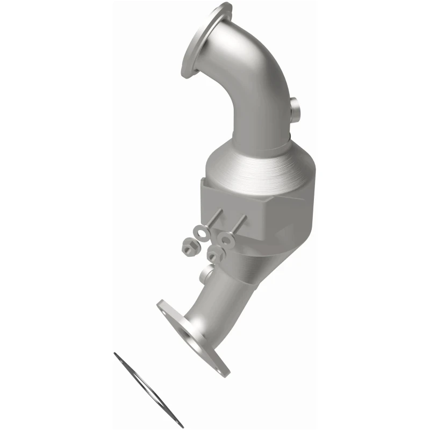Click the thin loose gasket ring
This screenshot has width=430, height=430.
coord(148,390)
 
